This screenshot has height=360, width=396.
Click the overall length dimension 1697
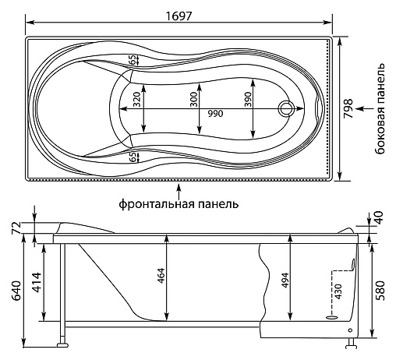tap(179, 16)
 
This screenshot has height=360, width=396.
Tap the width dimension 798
tap(348, 108)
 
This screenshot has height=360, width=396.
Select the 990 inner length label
tap(215, 114)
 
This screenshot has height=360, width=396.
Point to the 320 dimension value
tap(136, 100)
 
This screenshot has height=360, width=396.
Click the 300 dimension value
tap(193, 100)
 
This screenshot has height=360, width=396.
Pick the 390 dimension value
tap(248, 100)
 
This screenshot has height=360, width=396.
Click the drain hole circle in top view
tap(286, 108)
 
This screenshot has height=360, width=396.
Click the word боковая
tap(380, 135)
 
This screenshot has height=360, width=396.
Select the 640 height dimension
tap(16, 291)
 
